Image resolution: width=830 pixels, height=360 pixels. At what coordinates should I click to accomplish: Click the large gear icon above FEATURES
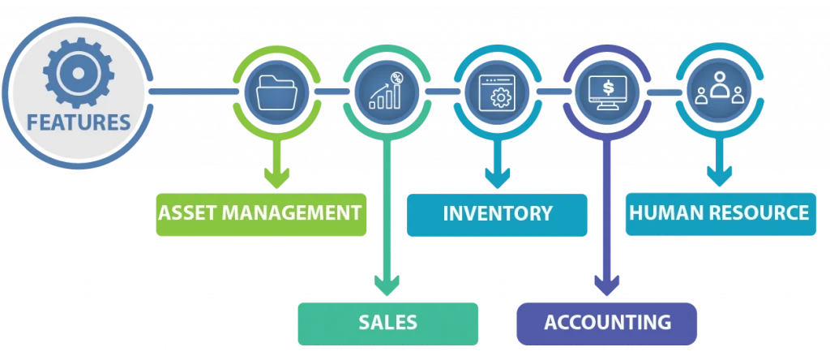(78, 74)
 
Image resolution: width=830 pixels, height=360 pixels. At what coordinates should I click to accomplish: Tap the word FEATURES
(79, 122)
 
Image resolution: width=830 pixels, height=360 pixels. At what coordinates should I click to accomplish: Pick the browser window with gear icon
(496, 92)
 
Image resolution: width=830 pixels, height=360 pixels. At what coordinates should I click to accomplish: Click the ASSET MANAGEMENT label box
(259, 214)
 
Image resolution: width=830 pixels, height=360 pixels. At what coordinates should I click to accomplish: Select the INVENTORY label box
(497, 215)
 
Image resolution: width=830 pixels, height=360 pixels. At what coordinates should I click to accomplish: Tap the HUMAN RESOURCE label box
(719, 214)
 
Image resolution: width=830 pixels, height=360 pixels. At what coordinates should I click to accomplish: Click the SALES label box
(387, 322)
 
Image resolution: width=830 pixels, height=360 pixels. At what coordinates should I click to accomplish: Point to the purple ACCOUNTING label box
(606, 322)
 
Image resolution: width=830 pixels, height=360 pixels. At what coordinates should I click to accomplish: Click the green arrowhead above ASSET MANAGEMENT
(278, 176)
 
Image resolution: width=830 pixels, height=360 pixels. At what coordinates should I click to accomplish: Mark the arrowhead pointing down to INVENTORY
(496, 176)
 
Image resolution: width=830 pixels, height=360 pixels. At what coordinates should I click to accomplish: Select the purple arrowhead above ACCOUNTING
(606, 285)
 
